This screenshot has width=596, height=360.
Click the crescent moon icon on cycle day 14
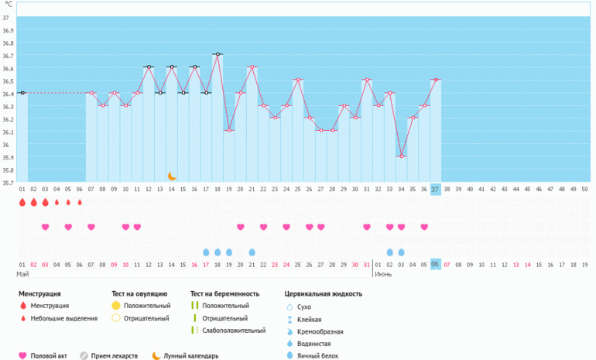(x=172, y=176)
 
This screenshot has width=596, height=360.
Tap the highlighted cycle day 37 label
(x=435, y=189)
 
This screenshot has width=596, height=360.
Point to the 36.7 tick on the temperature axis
(x=6, y=56)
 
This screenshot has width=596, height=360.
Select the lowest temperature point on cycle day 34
(x=401, y=156)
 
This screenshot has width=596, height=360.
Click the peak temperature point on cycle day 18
(x=218, y=54)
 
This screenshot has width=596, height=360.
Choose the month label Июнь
(x=382, y=274)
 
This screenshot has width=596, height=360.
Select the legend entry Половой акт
(x=48, y=356)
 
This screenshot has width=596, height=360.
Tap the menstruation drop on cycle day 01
(x=22, y=203)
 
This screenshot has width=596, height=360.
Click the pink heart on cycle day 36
(x=424, y=227)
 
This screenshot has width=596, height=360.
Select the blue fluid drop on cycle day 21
(x=252, y=252)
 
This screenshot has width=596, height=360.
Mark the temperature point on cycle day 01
(x=22, y=93)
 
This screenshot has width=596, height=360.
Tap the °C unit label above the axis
(x=9, y=4)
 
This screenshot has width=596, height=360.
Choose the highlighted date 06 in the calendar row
(x=435, y=264)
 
